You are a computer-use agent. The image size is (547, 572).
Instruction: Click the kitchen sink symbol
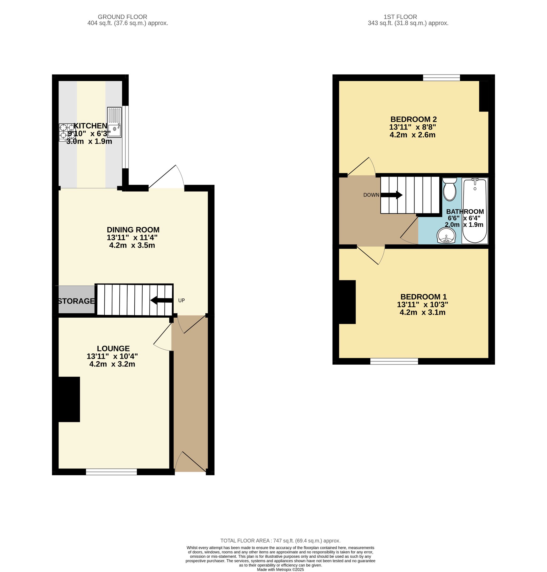pyautogui.click(x=114, y=123)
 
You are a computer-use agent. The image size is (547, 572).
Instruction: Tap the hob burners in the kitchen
pyautogui.click(x=67, y=132)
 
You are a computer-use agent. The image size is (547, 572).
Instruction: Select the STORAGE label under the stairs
pyautogui.click(x=76, y=301)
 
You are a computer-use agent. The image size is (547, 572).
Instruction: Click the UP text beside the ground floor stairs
pyautogui.click(x=181, y=301)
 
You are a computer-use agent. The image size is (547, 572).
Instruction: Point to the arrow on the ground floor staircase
pyautogui.click(x=161, y=301)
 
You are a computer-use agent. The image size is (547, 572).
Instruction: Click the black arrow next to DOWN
pyautogui.click(x=391, y=195)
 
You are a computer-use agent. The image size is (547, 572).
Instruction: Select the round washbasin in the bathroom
pyautogui.click(x=446, y=235)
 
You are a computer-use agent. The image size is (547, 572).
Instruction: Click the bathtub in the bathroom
pyautogui.click(x=474, y=211)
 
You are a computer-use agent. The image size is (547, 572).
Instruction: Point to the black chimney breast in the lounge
pyautogui.click(x=69, y=399)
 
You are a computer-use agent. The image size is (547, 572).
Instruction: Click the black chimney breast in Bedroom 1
pyautogui.click(x=347, y=302)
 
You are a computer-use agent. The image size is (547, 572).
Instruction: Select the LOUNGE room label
pyautogui.click(x=113, y=349)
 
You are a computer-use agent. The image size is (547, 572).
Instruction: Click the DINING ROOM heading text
pyautogui.click(x=133, y=230)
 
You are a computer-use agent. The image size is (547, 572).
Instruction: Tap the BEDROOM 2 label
pyautogui.click(x=413, y=119)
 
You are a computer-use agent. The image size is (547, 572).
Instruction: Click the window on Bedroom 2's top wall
pyautogui.click(x=441, y=77)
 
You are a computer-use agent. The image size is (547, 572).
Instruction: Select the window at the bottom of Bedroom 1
pyautogui.click(x=394, y=361)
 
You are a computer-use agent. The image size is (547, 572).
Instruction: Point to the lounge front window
pyautogui.click(x=111, y=472)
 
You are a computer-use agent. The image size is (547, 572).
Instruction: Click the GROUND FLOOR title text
pyautogui.click(x=123, y=17)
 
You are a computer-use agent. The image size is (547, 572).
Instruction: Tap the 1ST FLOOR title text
pyautogui.click(x=400, y=17)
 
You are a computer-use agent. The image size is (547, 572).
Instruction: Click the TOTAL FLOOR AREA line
pyautogui.click(x=280, y=541)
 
